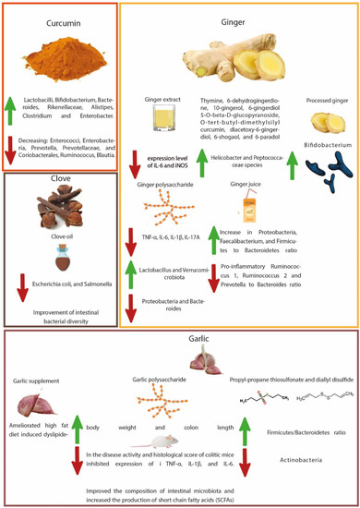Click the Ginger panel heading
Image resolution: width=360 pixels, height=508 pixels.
[240, 18]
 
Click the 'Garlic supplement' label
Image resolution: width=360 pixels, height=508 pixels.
[42, 380]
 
